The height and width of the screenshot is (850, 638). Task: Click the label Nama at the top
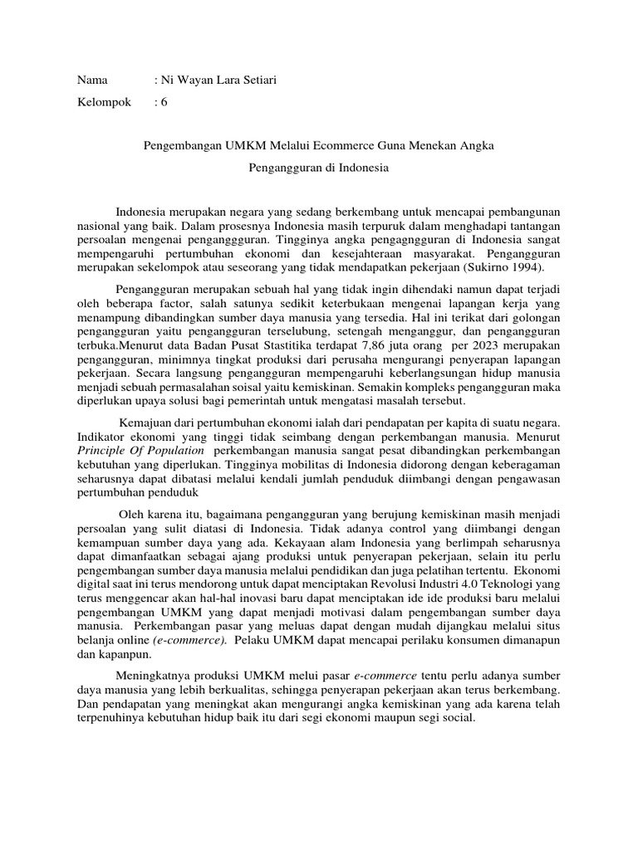92,80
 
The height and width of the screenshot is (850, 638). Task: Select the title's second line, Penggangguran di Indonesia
319,167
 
